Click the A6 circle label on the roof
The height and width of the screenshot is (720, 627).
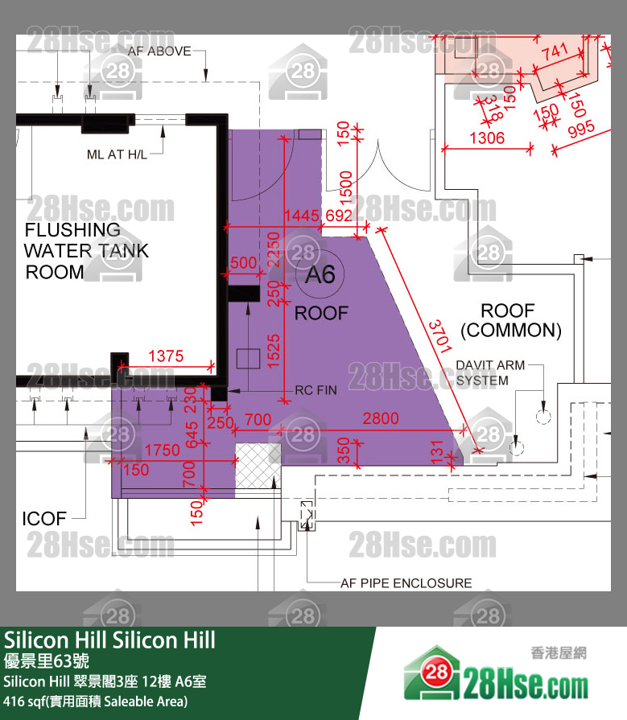(x=320, y=275)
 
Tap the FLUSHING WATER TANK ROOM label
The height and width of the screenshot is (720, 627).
(x=85, y=251)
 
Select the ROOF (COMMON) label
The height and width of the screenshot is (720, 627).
(x=510, y=320)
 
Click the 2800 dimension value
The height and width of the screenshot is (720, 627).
(x=381, y=418)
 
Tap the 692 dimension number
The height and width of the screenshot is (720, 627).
(x=339, y=215)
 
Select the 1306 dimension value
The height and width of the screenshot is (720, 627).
(x=486, y=138)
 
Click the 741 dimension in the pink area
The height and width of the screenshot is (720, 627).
(x=555, y=54)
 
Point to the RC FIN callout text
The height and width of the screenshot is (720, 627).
(x=316, y=390)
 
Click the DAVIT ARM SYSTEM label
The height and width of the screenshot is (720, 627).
(x=489, y=372)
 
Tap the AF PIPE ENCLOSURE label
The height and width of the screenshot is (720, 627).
(x=406, y=582)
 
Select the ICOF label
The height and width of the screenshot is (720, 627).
(x=44, y=519)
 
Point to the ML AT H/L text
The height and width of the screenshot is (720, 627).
(x=117, y=154)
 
